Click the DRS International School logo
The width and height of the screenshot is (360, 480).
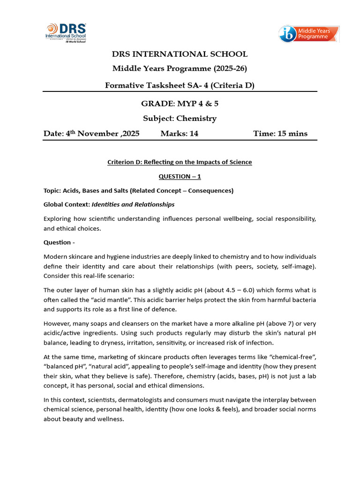[65, 32]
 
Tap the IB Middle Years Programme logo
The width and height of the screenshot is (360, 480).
[308, 34]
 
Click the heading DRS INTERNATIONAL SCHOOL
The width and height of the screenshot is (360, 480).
[180, 54]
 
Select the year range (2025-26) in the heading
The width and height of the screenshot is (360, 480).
[230, 69]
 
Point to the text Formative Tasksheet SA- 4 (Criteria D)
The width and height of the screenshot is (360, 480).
[180, 85]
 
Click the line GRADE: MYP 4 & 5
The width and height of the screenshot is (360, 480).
[180, 103]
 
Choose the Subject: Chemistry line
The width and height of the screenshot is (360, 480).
[180, 118]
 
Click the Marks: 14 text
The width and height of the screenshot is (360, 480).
[179, 134]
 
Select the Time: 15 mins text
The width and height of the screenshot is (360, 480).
[280, 134]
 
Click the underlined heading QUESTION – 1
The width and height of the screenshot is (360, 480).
[180, 176]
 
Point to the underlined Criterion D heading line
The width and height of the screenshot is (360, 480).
[180, 162]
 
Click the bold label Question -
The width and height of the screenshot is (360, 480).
[59, 242]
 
